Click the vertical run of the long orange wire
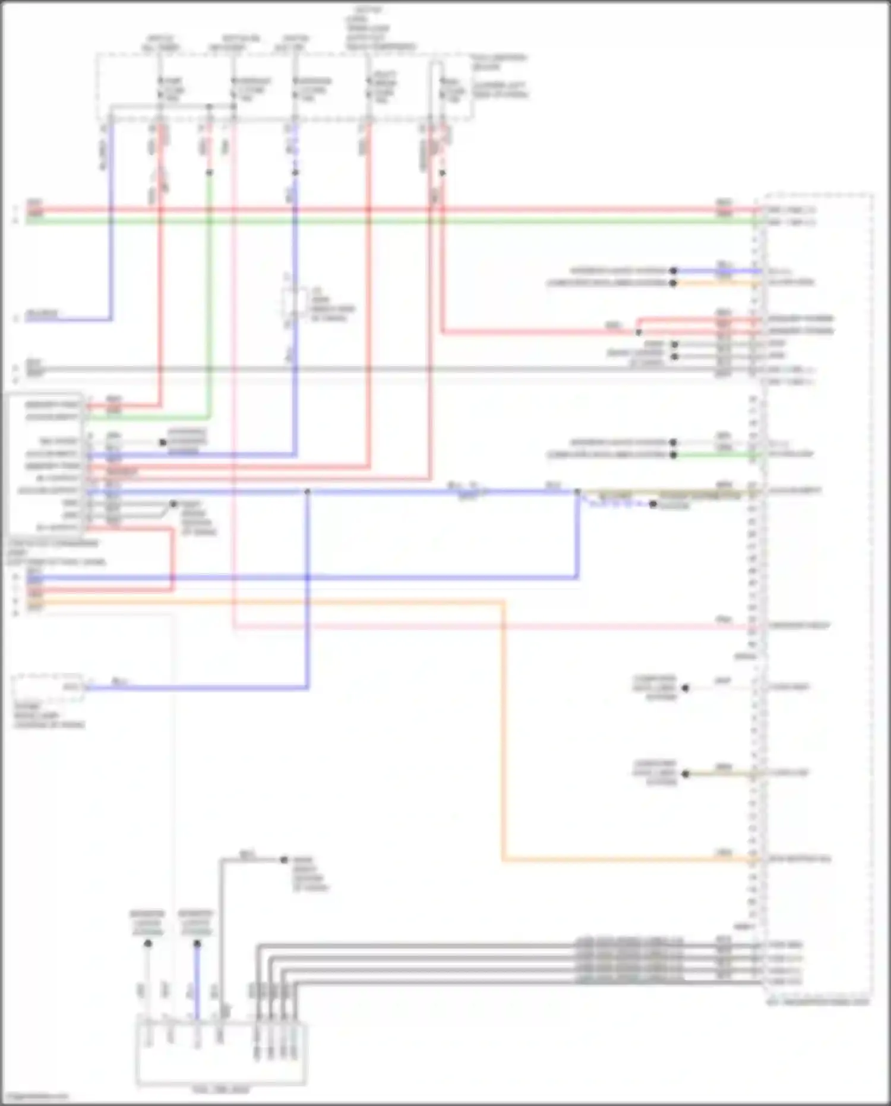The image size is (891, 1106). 503,731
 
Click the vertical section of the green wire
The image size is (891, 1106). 209,297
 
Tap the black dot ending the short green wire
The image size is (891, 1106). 673,455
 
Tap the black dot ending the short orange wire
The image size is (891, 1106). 673,283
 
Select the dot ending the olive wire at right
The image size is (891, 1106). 685,774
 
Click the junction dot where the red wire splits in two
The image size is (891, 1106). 639,332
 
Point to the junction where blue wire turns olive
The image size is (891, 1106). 577,492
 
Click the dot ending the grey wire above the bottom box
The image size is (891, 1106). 284,860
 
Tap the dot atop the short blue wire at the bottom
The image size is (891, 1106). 197,943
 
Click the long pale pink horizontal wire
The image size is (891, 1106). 475,626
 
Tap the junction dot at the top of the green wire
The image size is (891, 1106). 209,173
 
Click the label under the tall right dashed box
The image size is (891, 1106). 817,1002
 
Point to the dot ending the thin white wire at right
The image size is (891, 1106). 685,688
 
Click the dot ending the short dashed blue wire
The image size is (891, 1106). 653,505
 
